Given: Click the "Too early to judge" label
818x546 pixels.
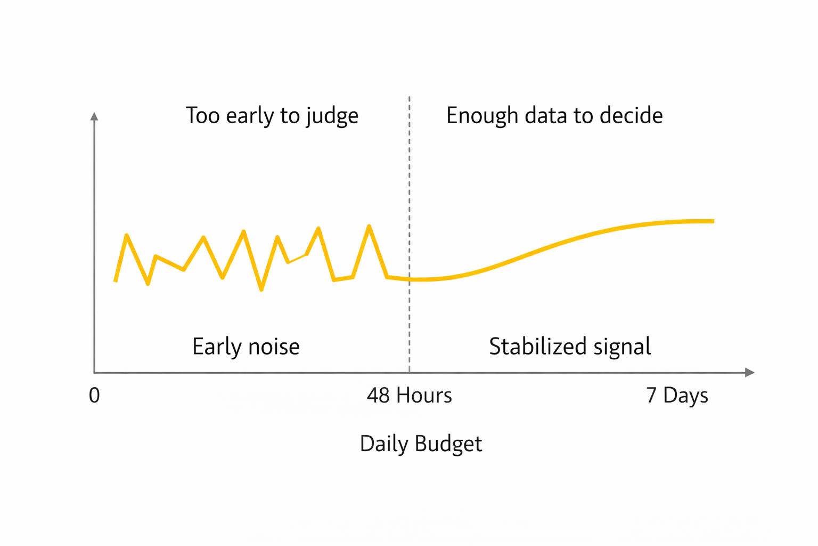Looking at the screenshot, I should (x=272, y=116).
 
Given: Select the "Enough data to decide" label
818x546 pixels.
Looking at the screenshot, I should (x=554, y=116).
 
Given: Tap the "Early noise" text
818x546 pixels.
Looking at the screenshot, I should (x=246, y=347).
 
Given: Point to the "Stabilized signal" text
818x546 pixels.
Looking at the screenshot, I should (x=570, y=347).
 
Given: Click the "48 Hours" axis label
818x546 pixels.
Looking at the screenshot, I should (x=409, y=396).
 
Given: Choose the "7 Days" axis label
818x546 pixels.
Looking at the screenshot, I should (x=677, y=396).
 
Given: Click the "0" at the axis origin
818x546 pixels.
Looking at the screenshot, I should (x=94, y=396).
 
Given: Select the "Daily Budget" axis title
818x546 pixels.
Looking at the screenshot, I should (x=421, y=444).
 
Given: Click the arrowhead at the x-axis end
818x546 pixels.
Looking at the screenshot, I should (x=750, y=372).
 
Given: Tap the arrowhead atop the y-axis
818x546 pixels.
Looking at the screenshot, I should (x=94, y=116).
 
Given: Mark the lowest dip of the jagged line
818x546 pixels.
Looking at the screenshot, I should (x=261, y=290).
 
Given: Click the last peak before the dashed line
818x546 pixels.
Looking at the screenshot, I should (x=369, y=226).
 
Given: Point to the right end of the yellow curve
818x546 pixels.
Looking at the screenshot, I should (x=713, y=221).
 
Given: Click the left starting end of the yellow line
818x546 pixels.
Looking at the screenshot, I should (x=116, y=280).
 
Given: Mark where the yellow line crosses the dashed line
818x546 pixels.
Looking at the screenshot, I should (x=410, y=279).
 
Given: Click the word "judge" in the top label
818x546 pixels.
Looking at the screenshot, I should (x=332, y=117).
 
